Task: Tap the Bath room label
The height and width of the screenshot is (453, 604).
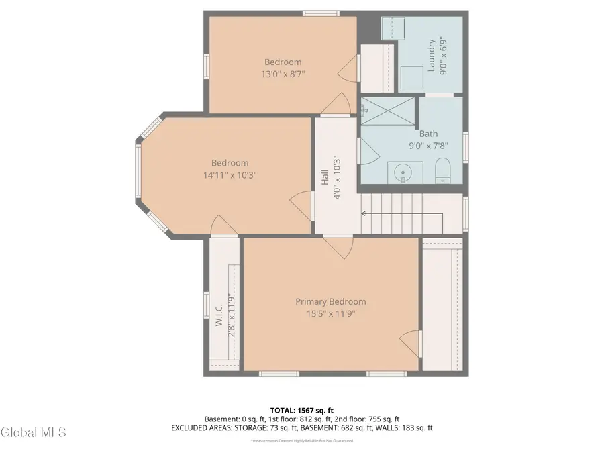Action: click(428, 134)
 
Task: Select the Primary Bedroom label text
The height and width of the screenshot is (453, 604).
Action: click(331, 302)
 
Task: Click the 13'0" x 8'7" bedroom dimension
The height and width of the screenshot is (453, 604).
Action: click(282, 74)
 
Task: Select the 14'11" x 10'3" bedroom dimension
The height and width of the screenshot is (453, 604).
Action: click(230, 174)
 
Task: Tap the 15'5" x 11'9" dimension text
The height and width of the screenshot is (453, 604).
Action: click(331, 313)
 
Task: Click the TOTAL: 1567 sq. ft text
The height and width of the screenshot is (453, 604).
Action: click(302, 409)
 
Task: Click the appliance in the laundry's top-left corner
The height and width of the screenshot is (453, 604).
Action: click(391, 29)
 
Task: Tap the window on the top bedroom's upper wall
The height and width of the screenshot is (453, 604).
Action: click(321, 13)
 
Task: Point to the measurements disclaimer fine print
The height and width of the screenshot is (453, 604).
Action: click(302, 441)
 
